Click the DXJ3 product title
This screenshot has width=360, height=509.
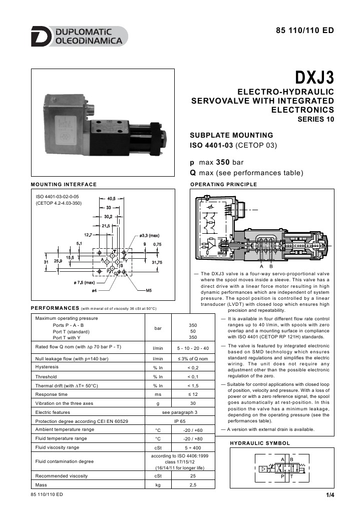pos(314,79)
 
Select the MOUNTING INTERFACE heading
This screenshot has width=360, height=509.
pos(64,185)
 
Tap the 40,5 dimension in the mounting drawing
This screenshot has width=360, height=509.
pos(111,199)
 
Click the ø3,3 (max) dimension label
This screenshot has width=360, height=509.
pos(149,235)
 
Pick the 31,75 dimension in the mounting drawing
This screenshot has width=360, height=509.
pos(157,262)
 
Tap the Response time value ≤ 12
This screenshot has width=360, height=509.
pos(193,394)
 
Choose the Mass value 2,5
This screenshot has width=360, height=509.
pos(193,485)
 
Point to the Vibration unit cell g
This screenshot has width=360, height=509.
pos(158,403)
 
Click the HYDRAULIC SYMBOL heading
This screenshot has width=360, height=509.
pos(260,443)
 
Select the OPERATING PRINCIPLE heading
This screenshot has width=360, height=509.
pos(224,185)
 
